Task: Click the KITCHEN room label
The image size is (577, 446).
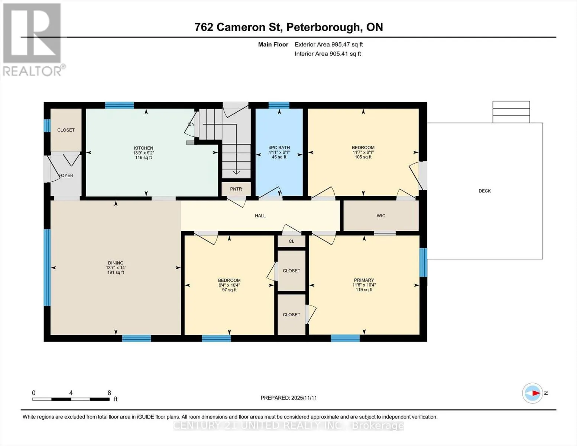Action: tap(143, 148)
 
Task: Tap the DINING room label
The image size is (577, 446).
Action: tap(116, 263)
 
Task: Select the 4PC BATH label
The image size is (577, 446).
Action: tap(279, 148)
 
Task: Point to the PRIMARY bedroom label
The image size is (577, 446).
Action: tap(364, 280)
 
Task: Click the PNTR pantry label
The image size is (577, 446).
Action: tap(236, 189)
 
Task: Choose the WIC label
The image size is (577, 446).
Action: tap(381, 216)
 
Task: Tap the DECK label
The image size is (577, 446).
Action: tap(484, 191)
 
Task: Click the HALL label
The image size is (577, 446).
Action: tap(260, 216)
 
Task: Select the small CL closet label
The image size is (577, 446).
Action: tap(291, 241)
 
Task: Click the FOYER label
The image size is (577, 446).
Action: tap(66, 175)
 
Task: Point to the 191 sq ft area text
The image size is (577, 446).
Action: tap(116, 272)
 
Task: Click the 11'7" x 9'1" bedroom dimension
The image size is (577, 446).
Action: tap(363, 152)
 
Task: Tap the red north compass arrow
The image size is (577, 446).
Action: tap(536, 393)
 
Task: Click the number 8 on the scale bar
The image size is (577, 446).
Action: tap(109, 392)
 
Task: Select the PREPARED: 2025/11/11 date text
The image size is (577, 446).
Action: tap(289, 398)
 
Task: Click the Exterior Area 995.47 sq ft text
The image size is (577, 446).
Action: tap(329, 45)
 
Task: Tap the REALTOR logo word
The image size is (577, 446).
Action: tap(32, 71)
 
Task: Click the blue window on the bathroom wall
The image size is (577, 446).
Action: tap(279, 105)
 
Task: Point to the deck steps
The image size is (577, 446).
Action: tap(511, 112)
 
